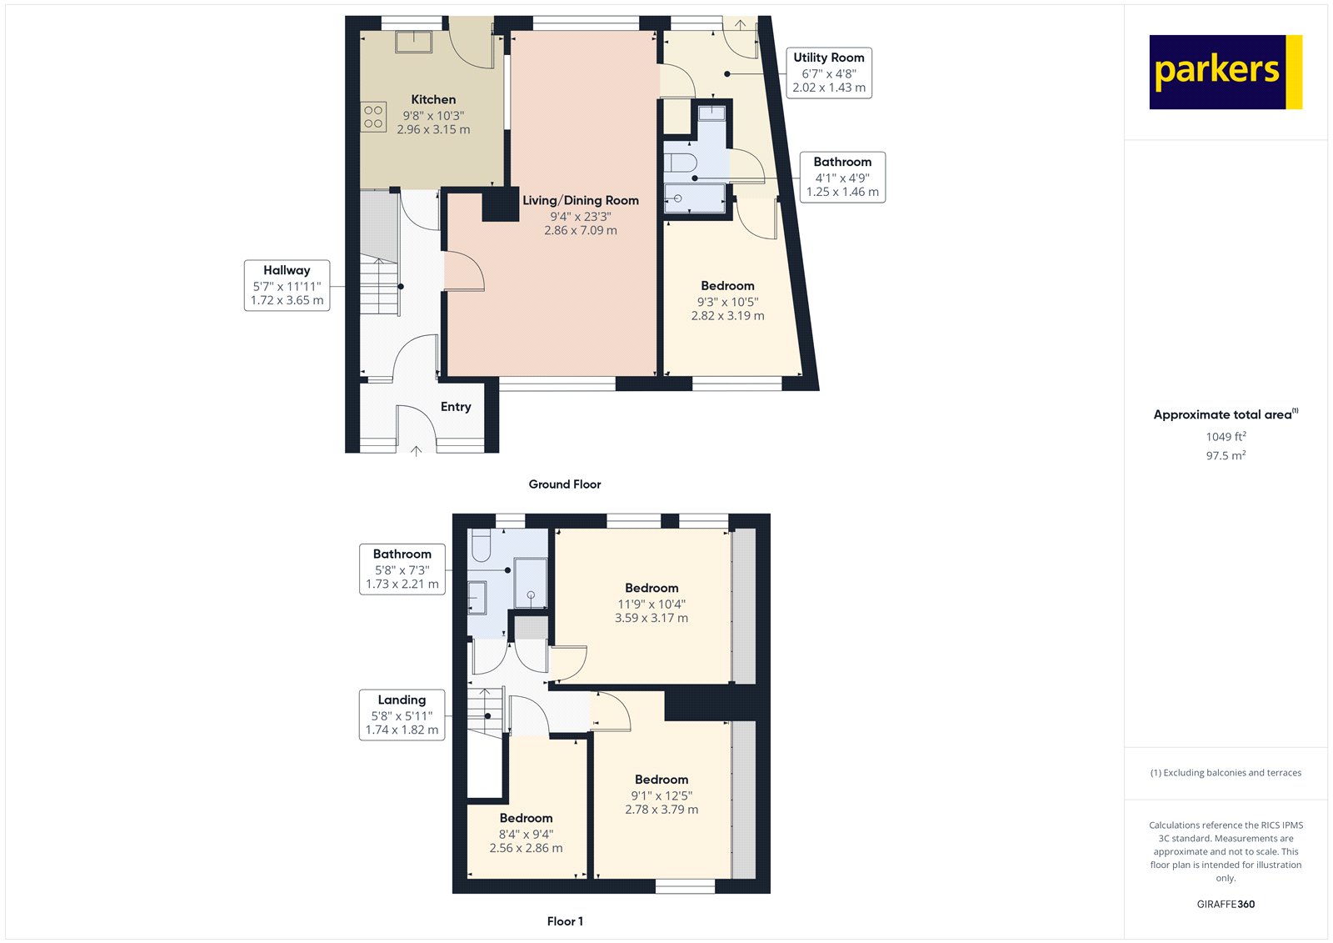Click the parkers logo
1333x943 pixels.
[x=1225, y=72]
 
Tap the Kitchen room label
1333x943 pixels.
[x=433, y=99]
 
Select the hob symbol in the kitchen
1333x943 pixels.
[x=373, y=117]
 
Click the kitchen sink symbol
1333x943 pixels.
[x=413, y=41]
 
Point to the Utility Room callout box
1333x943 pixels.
[x=829, y=73]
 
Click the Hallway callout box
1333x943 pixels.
[x=287, y=285]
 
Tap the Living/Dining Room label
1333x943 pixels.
[x=581, y=200]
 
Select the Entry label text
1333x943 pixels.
[x=456, y=407]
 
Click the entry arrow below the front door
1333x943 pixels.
[x=417, y=451]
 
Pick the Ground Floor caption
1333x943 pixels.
[x=565, y=484]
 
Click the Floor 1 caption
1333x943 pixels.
[x=565, y=921]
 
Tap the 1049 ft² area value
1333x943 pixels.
[x=1226, y=437]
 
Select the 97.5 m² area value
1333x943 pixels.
[x=1226, y=456]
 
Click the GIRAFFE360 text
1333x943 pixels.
[x=1226, y=904]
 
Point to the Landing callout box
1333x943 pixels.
[x=402, y=715]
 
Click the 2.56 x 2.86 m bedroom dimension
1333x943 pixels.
[x=526, y=848]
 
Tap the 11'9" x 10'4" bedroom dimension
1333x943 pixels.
[x=652, y=604]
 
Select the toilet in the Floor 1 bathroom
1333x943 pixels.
[x=482, y=547]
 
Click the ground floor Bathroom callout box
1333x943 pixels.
[x=842, y=177]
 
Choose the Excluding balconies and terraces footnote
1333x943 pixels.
[x=1226, y=773]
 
